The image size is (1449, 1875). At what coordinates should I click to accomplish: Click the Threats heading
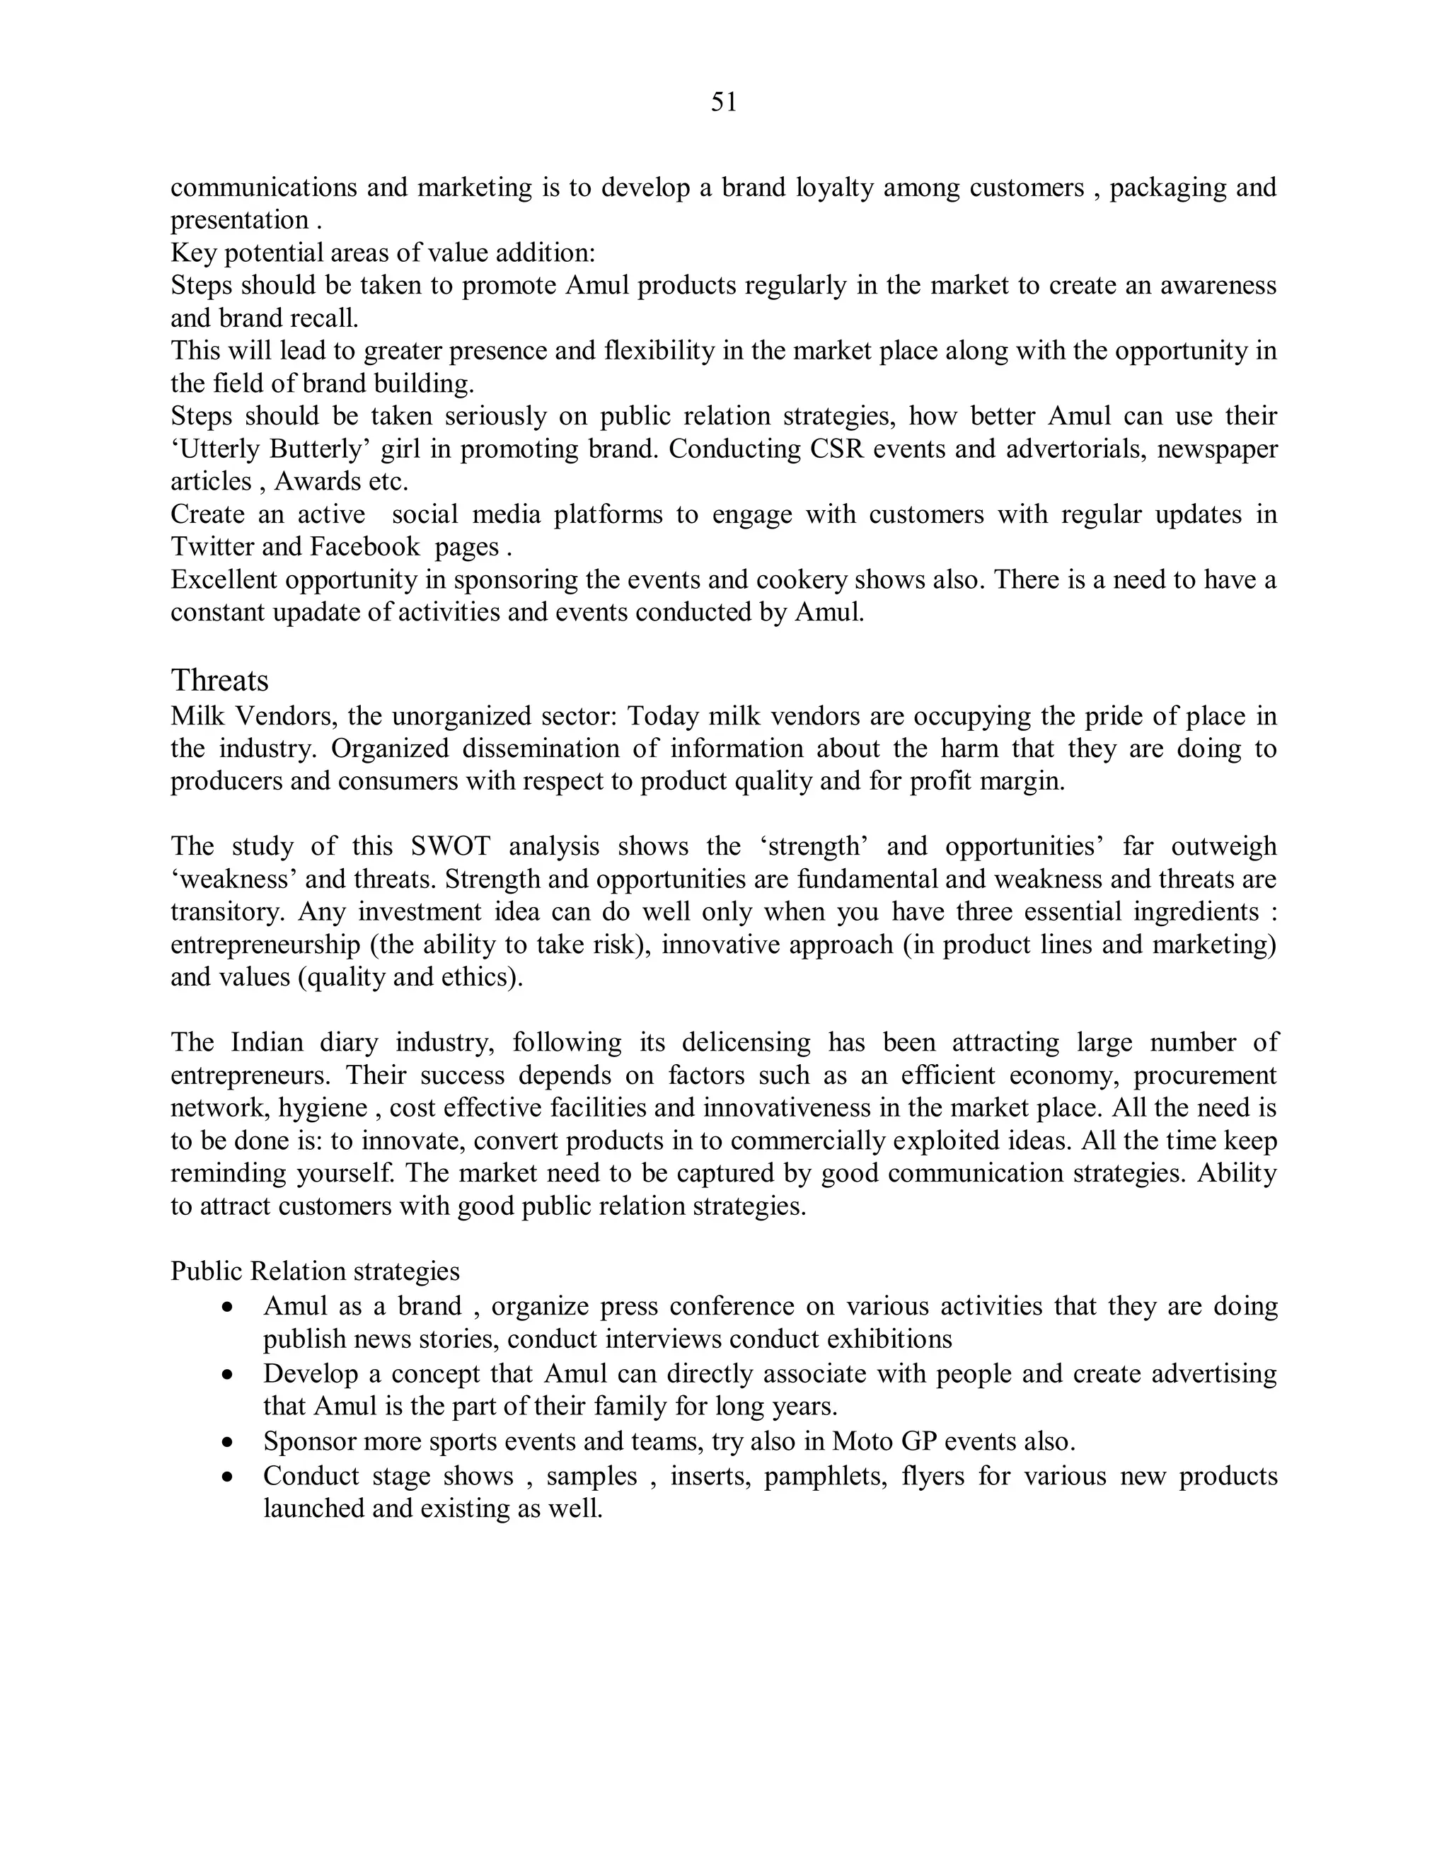(220, 680)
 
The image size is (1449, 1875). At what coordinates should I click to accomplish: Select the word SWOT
(451, 846)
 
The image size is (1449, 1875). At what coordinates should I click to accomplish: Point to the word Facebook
(365, 547)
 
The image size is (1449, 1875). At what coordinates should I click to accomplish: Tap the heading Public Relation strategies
(315, 1271)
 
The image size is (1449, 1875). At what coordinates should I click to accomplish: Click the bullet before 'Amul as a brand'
(228, 1308)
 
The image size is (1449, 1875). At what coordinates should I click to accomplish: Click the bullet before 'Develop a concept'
(228, 1375)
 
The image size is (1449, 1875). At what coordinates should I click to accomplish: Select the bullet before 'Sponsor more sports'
(228, 1442)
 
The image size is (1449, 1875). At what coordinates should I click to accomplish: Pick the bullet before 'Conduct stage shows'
(228, 1477)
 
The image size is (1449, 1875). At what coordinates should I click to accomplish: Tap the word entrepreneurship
(265, 945)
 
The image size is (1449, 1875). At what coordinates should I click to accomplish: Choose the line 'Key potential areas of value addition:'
(383, 253)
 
